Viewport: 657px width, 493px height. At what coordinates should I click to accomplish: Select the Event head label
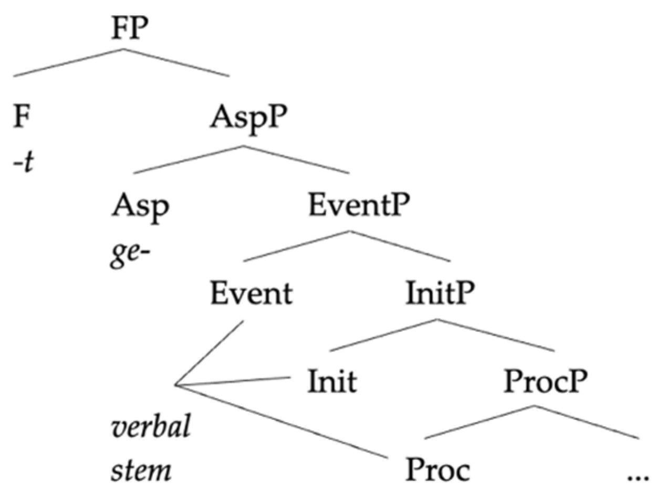coord(251,295)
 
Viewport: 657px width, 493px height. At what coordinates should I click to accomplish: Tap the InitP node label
coord(440,296)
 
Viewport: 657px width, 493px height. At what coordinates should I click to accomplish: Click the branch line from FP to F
coord(68,63)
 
